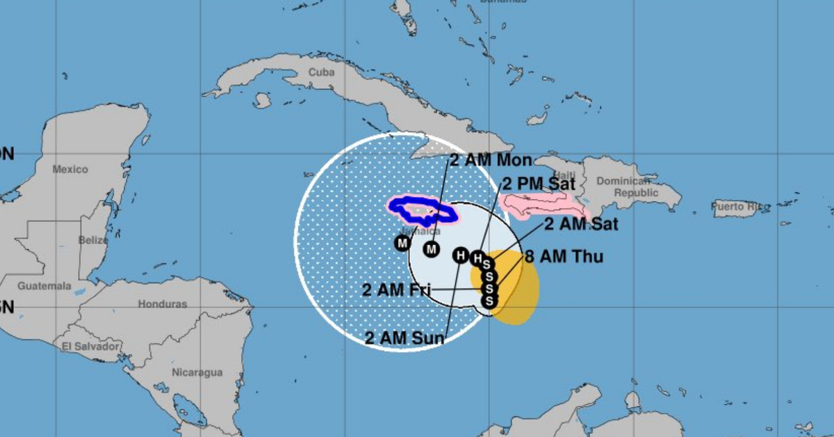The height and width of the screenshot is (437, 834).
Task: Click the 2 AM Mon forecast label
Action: [491, 159]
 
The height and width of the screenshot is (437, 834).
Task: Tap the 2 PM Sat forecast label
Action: [538, 184]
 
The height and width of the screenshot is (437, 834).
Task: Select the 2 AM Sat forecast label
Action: [580, 224]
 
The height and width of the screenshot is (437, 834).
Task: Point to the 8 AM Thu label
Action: [564, 256]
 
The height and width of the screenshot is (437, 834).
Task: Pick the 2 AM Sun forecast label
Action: [404, 338]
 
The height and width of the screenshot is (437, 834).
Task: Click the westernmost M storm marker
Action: [402, 243]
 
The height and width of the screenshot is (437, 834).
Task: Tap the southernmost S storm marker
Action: [489, 301]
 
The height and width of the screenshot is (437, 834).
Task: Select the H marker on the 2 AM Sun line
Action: [461, 255]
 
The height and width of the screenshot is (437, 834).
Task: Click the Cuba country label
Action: [321, 72]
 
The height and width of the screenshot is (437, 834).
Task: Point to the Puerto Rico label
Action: [742, 207]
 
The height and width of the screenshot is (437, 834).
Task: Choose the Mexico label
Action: [70, 169]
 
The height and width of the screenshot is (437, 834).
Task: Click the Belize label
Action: [93, 240]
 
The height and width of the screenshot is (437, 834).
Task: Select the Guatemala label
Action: [44, 286]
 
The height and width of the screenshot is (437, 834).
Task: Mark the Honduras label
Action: [162, 304]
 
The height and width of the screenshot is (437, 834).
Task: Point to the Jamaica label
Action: [420, 231]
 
